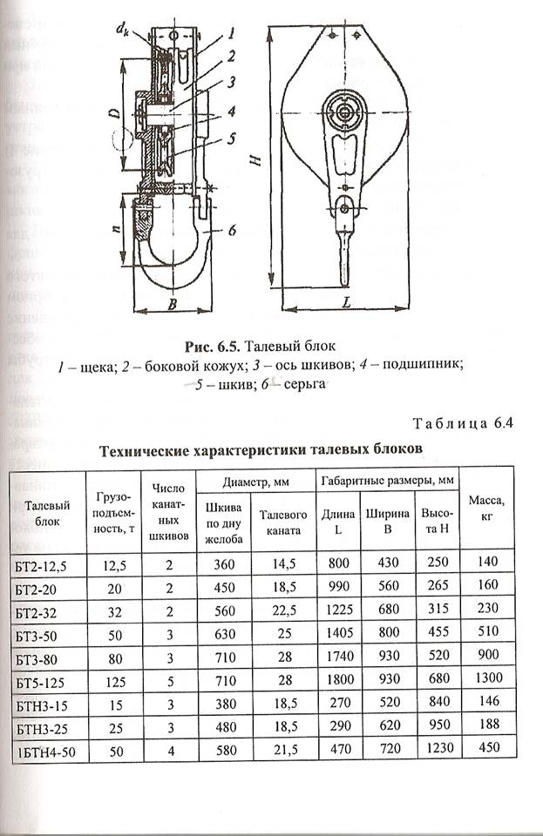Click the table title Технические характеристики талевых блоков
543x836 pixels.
(x=261, y=450)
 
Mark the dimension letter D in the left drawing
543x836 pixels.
(x=128, y=113)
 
